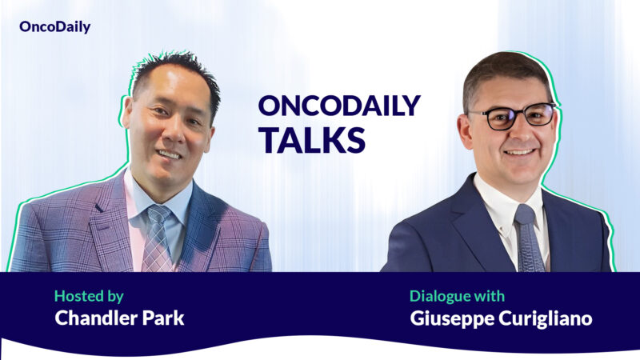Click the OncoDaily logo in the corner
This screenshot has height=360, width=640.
[x=54, y=27]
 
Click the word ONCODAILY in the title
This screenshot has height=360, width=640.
[x=338, y=106]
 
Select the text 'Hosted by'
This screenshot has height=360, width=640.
[x=89, y=296]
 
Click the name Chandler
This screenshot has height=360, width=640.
[x=96, y=318]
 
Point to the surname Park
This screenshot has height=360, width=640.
[x=162, y=318]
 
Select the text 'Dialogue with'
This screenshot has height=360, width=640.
[x=457, y=296]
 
